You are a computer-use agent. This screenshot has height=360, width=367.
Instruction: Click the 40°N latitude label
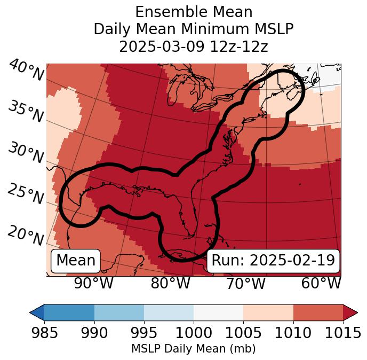pos(26,71)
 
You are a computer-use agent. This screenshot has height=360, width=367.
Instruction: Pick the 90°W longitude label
pos(94,284)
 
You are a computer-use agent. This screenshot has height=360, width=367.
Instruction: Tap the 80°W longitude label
pos(171,284)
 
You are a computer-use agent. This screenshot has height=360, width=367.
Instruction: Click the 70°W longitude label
pos(245,284)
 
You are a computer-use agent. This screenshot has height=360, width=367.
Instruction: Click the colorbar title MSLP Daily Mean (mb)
pos(193,349)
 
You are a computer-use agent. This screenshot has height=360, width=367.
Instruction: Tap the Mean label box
pos(76,261)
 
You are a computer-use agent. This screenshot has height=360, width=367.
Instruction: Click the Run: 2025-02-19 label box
pos(273,261)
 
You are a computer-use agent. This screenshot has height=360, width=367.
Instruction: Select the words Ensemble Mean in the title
pos(194,12)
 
